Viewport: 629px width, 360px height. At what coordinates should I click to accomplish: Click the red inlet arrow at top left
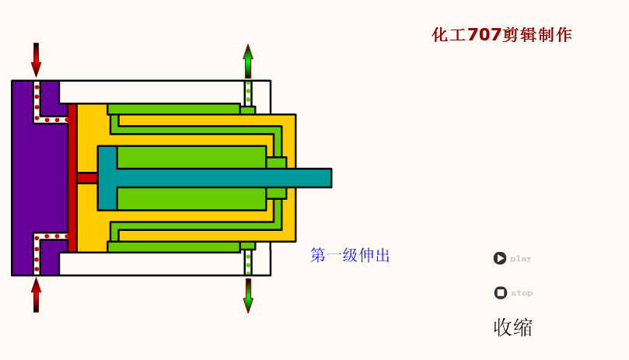[36, 59]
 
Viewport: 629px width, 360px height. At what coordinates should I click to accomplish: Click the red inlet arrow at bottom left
[36, 295]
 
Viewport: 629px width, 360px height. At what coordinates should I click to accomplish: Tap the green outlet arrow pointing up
[248, 61]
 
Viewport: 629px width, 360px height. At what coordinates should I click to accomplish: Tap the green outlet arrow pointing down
[248, 295]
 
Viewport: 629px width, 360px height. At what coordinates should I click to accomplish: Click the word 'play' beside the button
[520, 259]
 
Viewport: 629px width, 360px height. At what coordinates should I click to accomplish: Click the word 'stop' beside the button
[522, 293]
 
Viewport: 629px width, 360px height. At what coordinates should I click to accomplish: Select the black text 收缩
[512, 327]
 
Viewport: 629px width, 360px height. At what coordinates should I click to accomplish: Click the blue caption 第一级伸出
[349, 255]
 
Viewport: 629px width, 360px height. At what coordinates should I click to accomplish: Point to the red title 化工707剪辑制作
[501, 35]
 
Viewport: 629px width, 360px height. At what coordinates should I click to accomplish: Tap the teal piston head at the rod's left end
[107, 178]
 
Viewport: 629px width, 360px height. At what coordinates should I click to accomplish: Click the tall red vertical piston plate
[72, 178]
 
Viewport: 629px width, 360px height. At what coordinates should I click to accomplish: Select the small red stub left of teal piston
[87, 178]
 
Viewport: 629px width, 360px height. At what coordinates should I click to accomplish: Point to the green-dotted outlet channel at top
[248, 93]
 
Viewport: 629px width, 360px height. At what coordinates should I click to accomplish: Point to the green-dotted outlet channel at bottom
[248, 263]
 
